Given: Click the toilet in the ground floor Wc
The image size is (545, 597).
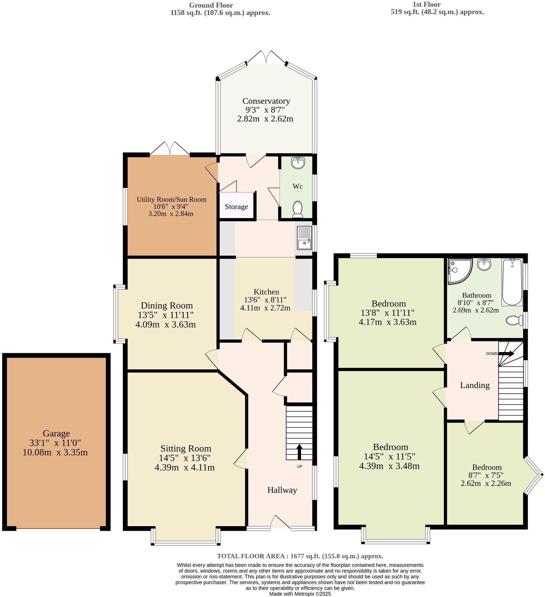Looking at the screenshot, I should point(298,209).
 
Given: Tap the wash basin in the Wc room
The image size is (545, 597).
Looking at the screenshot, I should point(298,163).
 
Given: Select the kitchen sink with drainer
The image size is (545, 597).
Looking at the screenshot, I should point(304,238).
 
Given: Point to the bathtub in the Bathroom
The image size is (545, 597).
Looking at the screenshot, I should point(512,282).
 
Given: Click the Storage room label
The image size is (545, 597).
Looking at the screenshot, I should point(236,207).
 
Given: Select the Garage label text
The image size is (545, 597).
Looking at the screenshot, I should point(56,433).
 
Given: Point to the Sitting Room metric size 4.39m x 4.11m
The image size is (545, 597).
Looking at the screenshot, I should point(184,467).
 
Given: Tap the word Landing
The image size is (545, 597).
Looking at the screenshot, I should point(475,385).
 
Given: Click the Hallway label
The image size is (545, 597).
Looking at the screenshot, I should point(282,490).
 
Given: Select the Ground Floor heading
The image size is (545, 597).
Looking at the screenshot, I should point(211,5).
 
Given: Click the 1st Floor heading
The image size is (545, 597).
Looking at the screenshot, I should point(426,4).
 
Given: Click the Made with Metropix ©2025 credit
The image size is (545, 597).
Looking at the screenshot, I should point(300,594).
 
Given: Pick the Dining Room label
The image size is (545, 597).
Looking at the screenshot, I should point(167,305).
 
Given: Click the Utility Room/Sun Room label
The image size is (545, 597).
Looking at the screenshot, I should point(171,199).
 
